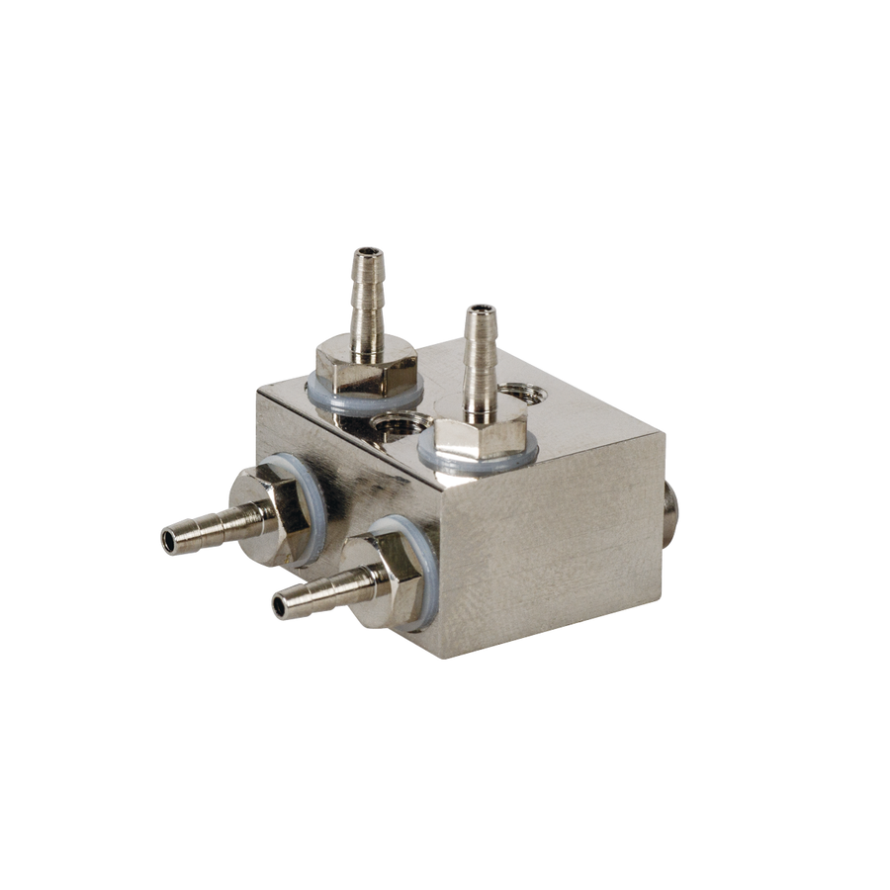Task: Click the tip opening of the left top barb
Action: [x=369, y=252]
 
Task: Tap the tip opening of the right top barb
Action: [x=481, y=310]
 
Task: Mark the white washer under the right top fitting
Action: [x=435, y=458]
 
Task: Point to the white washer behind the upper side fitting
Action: [x=314, y=494]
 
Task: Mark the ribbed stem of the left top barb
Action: [x=367, y=302]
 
